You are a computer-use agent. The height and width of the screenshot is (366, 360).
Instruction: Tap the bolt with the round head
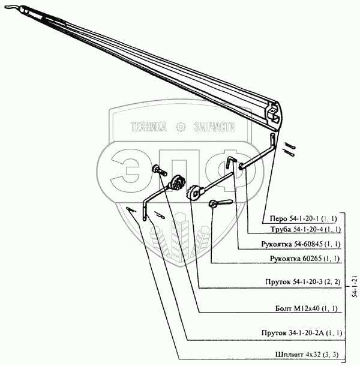[x=158, y=170]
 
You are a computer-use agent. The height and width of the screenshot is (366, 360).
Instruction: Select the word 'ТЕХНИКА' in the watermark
[x=148, y=127]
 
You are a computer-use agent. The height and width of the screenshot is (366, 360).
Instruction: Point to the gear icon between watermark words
[x=179, y=127]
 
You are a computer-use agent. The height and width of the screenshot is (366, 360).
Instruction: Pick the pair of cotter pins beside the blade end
[x=292, y=148]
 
